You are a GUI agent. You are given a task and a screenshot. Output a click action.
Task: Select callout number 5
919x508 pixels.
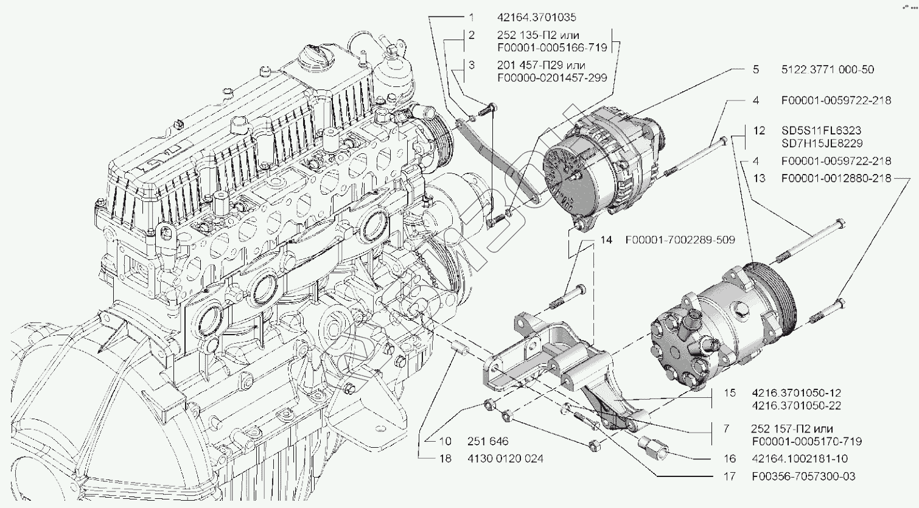click(x=756, y=69)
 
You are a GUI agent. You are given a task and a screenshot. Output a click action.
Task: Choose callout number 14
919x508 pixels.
click(x=606, y=240)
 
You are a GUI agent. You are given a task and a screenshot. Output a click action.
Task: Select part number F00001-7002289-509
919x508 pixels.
click(x=680, y=240)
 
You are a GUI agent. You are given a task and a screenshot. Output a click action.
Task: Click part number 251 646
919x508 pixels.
click(x=487, y=441)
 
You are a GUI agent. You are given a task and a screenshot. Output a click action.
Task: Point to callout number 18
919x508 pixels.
click(x=446, y=458)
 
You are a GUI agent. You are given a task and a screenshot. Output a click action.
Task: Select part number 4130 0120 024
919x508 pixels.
click(x=505, y=458)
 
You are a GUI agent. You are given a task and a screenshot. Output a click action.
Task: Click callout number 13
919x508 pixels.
click(x=759, y=179)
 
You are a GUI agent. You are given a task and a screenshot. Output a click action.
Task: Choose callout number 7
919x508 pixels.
click(x=727, y=429)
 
